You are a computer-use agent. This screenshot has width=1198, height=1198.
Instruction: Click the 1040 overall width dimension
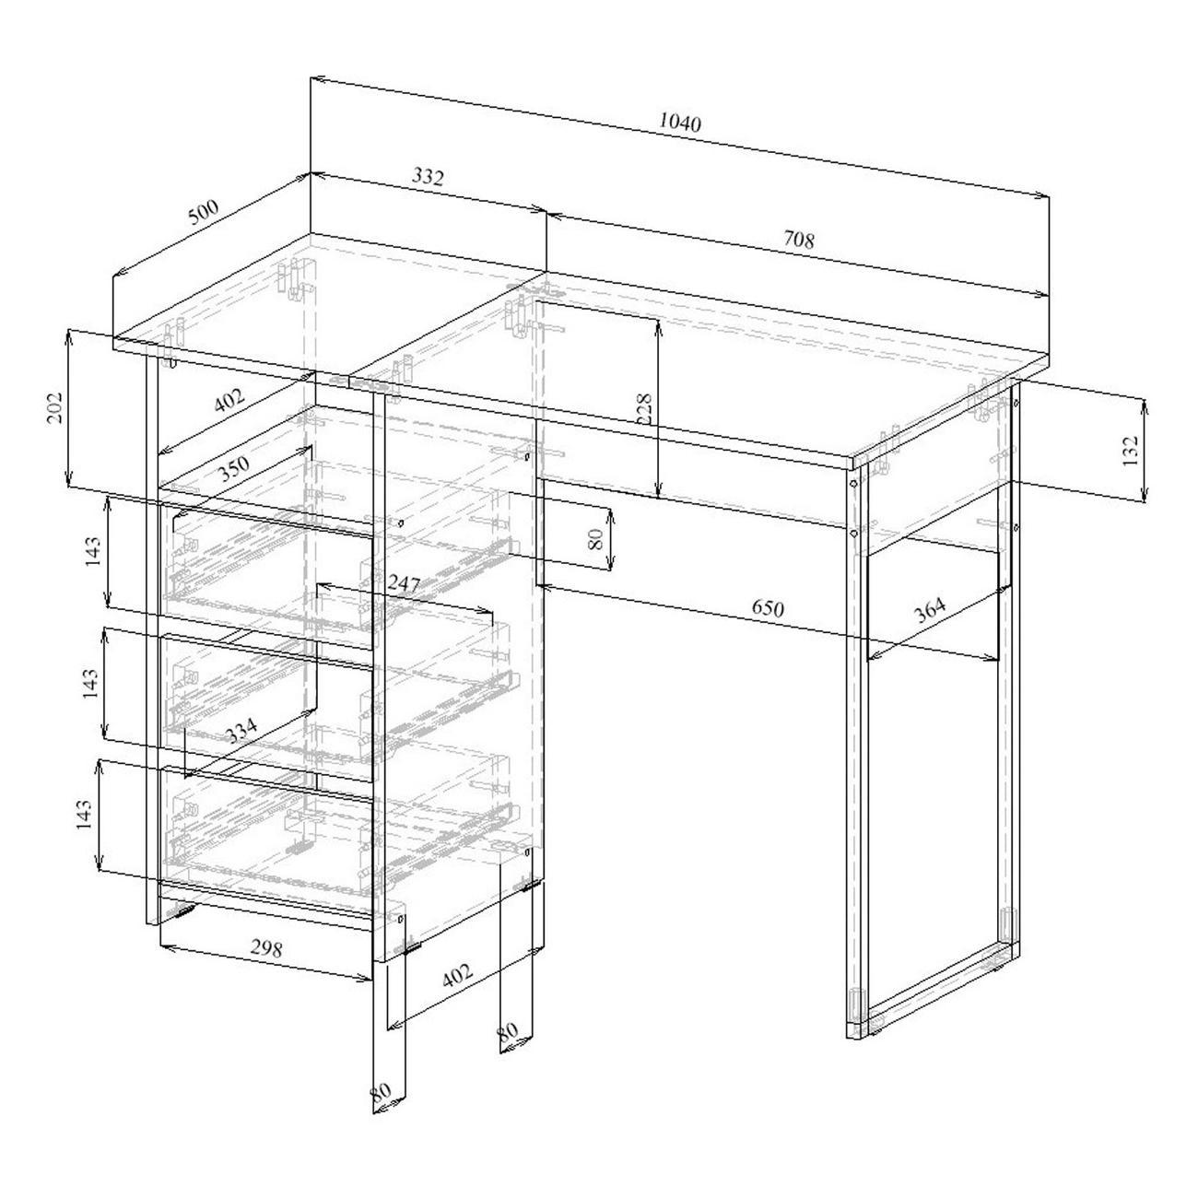click(679, 123)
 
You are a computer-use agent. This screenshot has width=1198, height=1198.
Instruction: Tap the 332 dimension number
click(428, 177)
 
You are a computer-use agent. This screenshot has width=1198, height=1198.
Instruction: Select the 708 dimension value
click(798, 240)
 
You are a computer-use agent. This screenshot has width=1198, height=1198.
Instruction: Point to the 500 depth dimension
click(204, 212)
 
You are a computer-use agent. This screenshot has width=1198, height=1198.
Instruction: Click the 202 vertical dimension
click(55, 407)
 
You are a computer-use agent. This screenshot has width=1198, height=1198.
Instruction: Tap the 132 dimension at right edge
click(1129, 451)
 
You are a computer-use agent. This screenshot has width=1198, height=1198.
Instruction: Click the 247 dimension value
click(405, 583)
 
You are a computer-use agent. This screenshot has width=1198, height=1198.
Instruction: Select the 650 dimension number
click(767, 607)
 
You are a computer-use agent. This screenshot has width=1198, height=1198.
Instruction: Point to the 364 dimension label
click(930, 610)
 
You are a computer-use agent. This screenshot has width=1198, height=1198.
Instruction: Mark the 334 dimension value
click(241, 731)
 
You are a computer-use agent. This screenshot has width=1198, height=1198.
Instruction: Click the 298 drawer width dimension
click(266, 948)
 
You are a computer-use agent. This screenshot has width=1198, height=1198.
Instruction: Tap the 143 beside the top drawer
click(92, 551)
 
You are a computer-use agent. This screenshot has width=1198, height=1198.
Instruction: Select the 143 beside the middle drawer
click(90, 683)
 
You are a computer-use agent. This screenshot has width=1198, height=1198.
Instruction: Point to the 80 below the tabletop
click(595, 538)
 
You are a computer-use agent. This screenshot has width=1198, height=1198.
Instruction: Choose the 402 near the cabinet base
click(458, 975)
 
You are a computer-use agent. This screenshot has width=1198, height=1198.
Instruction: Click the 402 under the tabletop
click(229, 400)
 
